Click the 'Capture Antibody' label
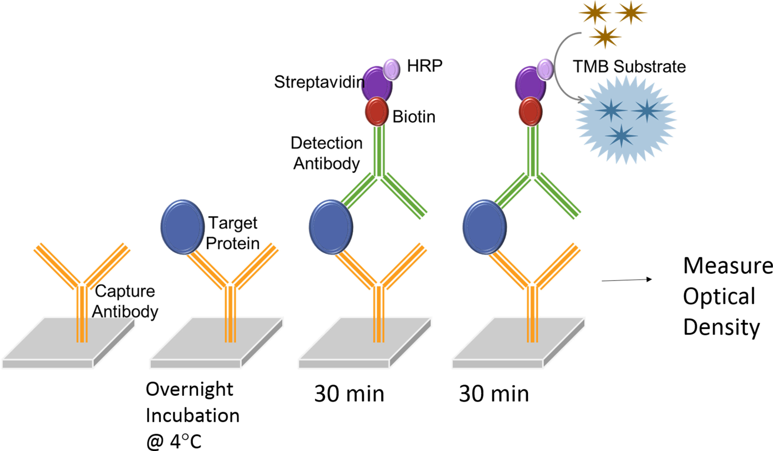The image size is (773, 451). click(125, 301)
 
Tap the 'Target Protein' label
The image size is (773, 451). click(233, 233)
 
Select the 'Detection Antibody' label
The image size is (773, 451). click(327, 153)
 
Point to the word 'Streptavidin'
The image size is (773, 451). click(319, 82)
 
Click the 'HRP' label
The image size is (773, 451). click(425, 65)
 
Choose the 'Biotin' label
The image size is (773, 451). click(414, 117)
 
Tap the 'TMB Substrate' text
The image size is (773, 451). click(629, 66)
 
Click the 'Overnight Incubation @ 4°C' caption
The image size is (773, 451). click(192, 415)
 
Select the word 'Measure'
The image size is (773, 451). click(728, 266)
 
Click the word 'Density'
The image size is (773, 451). click(721, 327)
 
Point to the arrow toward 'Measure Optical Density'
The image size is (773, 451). click(627, 280)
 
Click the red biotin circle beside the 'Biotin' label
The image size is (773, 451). click(377, 111)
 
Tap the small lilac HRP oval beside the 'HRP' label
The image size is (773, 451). click(392, 69)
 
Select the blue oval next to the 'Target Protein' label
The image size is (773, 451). click(182, 226)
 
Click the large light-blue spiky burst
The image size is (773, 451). click(626, 119)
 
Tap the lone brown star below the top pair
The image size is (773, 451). click(605, 37)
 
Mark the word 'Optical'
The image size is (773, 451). click(719, 297)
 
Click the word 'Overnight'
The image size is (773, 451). click(189, 389)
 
